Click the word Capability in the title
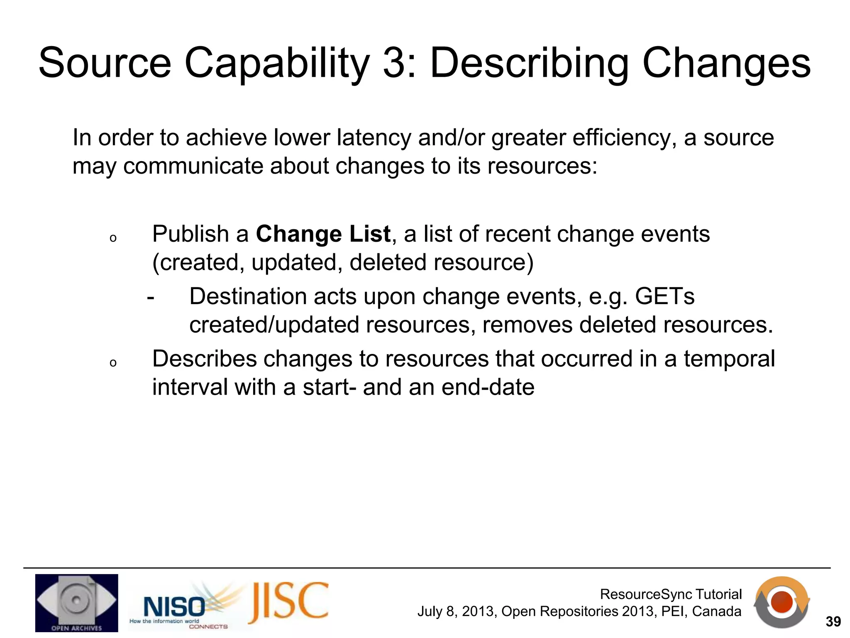pos(276,63)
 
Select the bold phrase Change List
pos(323,234)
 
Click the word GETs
pos(664,297)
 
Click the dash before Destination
pos(151,297)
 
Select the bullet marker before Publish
pos(113,238)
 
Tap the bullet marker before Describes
pos(113,363)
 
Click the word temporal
pos(729,359)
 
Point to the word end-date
pos(488,387)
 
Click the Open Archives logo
pos(76,603)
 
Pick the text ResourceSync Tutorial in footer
pos(671,594)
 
